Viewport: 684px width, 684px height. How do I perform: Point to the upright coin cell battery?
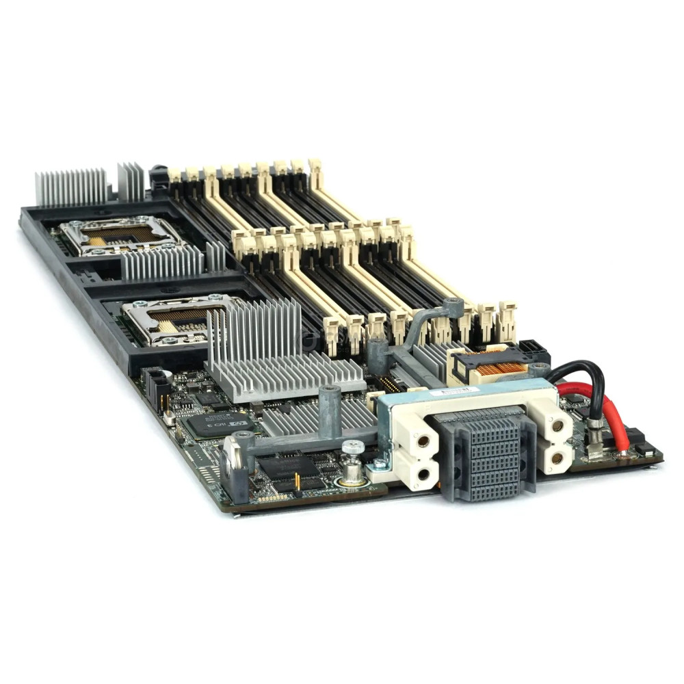(x=233, y=454)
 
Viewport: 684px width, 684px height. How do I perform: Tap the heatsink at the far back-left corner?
(x=71, y=187)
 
